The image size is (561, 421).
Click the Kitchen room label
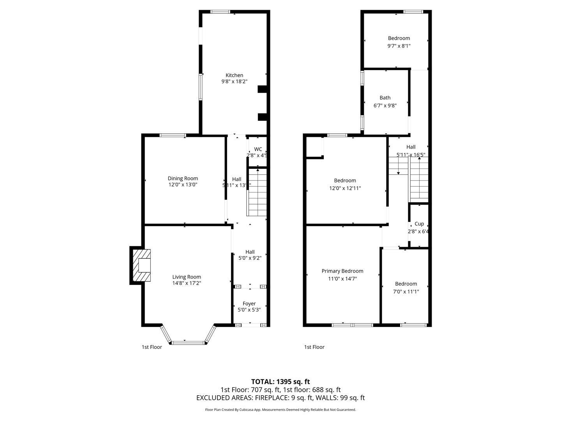(x=234, y=75)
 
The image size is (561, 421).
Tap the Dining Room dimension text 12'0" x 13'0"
(x=183, y=185)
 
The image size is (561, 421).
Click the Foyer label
(x=249, y=304)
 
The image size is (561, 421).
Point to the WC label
(x=258, y=149)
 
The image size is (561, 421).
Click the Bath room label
(x=385, y=98)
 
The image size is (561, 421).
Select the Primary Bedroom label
(x=342, y=271)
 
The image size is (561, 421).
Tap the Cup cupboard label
(x=419, y=224)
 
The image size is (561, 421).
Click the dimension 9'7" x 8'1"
(x=399, y=46)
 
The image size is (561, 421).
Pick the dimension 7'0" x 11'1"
(x=406, y=291)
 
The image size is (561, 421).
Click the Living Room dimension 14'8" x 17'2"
(x=187, y=283)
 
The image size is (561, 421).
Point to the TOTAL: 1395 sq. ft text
(x=280, y=382)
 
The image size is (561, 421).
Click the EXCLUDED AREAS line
(x=280, y=398)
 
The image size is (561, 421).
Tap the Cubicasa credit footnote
(x=280, y=410)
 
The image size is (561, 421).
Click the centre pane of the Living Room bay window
(x=188, y=343)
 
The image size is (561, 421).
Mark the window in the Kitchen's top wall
(x=220, y=12)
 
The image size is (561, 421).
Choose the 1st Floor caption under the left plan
(x=152, y=347)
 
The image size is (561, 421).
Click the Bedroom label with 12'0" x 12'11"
(x=345, y=180)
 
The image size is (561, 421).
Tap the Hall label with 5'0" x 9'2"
(x=250, y=252)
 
